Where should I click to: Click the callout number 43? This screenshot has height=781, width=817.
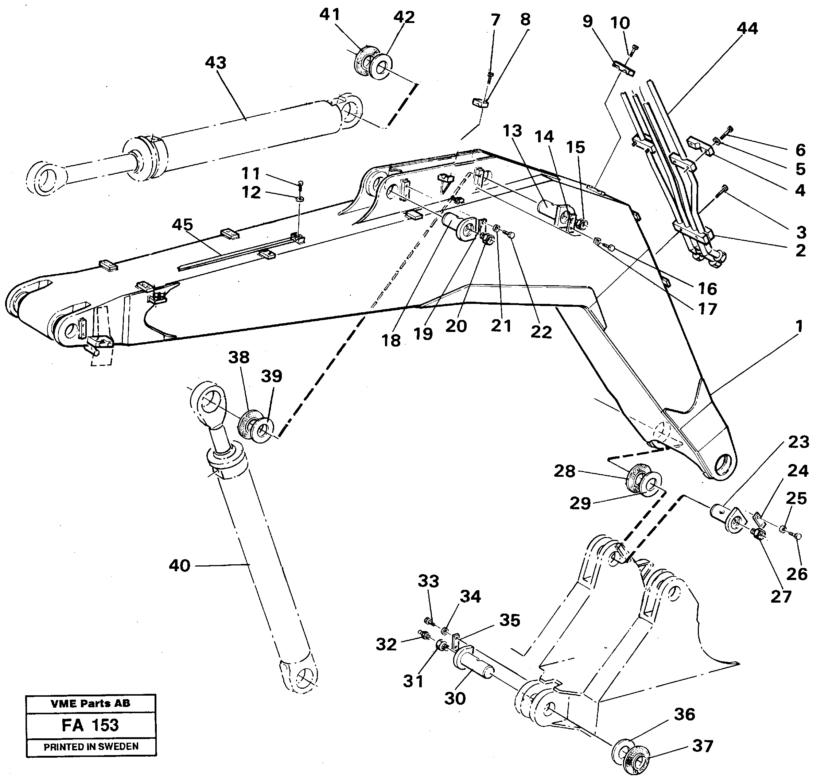point(215,63)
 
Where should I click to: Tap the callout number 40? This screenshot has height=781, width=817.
point(179,565)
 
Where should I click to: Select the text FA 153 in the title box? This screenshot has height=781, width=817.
point(90,725)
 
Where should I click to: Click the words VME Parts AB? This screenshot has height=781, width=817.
point(90,704)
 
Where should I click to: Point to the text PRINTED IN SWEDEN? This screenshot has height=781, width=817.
point(91,746)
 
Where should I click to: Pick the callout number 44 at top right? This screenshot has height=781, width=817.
point(747,29)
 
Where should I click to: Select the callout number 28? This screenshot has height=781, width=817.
point(564,471)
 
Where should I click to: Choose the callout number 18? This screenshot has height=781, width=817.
point(391,340)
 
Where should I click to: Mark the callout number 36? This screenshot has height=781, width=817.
point(684,714)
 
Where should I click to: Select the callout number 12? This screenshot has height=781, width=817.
point(251,192)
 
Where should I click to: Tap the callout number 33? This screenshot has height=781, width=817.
point(428,581)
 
